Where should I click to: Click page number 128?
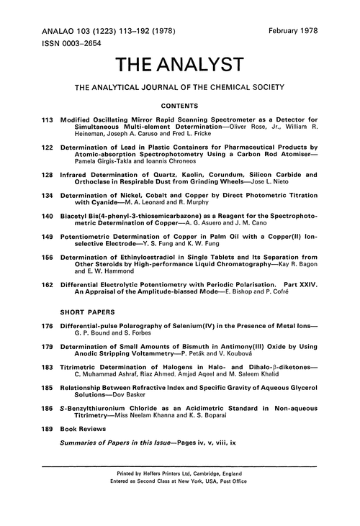[48, 175]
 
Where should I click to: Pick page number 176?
[48, 327]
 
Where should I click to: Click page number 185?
[48, 394]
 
